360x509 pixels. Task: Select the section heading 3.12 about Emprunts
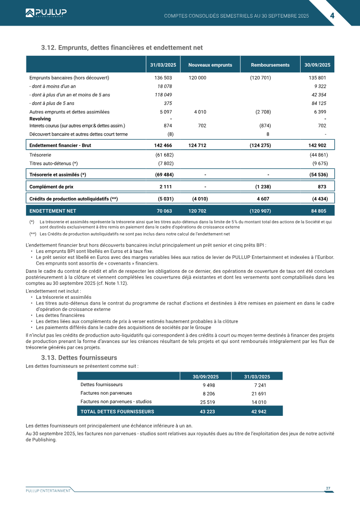[x=121, y=48]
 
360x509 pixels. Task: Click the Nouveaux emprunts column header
[x=210, y=65]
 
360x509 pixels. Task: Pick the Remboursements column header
[x=270, y=65]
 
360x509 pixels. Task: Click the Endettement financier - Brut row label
[x=60, y=145]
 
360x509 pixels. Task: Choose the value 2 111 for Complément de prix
[x=166, y=186]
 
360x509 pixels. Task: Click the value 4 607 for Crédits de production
[x=263, y=198]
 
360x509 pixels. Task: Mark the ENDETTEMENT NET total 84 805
[x=319, y=211]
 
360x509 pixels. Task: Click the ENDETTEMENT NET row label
[x=53, y=211]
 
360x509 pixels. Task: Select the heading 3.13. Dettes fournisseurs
[x=79, y=358]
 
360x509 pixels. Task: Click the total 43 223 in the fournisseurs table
[x=207, y=411]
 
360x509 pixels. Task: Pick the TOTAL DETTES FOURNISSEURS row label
[x=117, y=411]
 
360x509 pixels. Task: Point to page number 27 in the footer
[x=328, y=488]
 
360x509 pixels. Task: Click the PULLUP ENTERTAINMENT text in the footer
[x=48, y=491]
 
